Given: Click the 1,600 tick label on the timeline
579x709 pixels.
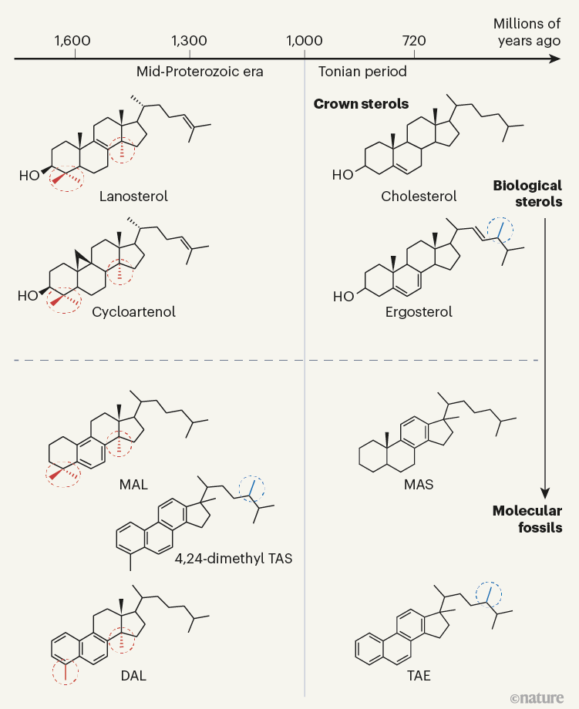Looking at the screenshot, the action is pyautogui.click(x=72, y=41).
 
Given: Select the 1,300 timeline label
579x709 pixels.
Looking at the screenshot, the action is pyautogui.click(x=189, y=41).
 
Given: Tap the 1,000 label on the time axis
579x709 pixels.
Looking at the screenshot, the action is pyautogui.click(x=305, y=41).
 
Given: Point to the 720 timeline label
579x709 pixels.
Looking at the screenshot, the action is pyautogui.click(x=414, y=41).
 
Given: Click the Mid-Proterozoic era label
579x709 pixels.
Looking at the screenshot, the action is pyautogui.click(x=200, y=72).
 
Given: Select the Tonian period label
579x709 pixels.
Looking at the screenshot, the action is pyautogui.click(x=362, y=72).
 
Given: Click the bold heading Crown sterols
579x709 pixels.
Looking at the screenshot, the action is pyautogui.click(x=361, y=104).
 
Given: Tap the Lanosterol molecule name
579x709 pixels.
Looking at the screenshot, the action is pyautogui.click(x=133, y=197).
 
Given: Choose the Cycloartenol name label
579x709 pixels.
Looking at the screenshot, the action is pyautogui.click(x=133, y=312).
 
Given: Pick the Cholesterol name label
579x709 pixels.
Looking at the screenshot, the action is pyautogui.click(x=419, y=197).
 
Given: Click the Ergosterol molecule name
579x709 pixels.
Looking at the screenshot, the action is pyautogui.click(x=419, y=312).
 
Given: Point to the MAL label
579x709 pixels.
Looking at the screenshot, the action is pyautogui.click(x=133, y=485).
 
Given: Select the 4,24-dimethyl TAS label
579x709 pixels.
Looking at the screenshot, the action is pyautogui.click(x=234, y=559).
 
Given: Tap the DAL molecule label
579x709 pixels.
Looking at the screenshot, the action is pyautogui.click(x=133, y=676).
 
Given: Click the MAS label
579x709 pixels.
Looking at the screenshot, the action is pyautogui.click(x=419, y=485).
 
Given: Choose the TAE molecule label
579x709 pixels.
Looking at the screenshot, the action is pyautogui.click(x=419, y=676).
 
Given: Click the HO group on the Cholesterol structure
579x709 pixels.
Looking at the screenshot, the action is pyautogui.click(x=342, y=175).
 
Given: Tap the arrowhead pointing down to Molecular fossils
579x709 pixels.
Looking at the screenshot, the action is pyautogui.click(x=544, y=493).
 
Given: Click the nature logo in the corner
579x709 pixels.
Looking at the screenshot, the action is pyautogui.click(x=537, y=698).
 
